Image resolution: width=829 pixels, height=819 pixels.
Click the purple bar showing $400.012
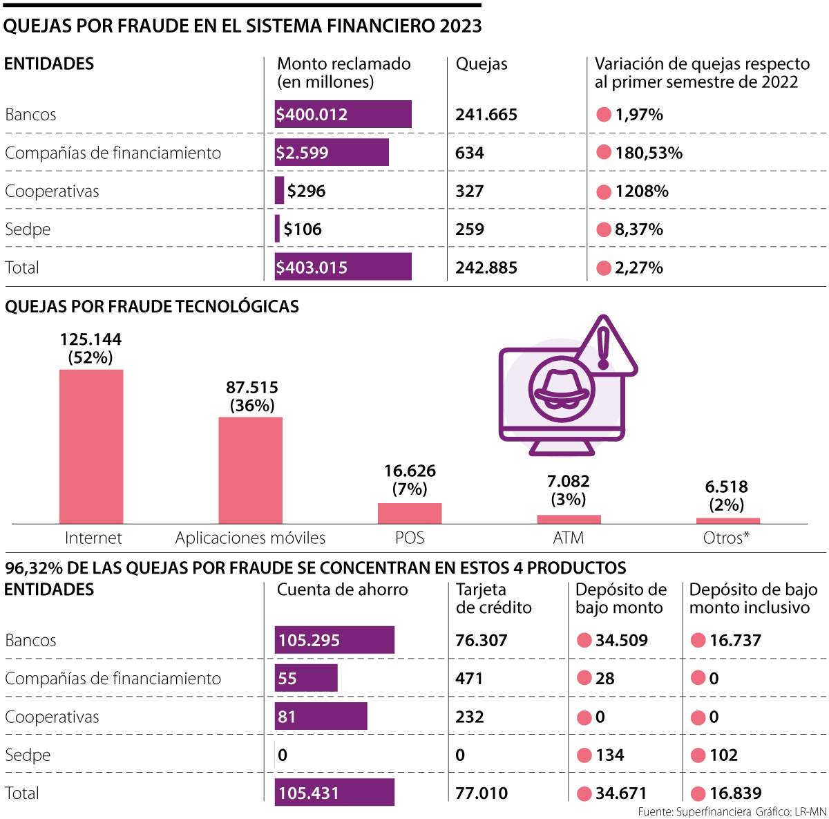click(x=343, y=114)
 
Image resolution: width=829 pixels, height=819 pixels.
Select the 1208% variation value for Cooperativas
click(x=642, y=191)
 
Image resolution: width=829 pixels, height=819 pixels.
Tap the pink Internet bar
click(x=91, y=446)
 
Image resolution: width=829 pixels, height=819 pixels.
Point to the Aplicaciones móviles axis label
click(x=250, y=538)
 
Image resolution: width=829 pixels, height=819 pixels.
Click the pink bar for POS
click(x=410, y=513)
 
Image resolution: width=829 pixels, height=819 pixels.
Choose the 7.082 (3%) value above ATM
click(x=568, y=490)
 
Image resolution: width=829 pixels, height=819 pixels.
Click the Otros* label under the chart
click(x=726, y=538)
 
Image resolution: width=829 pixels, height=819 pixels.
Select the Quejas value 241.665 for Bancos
click(x=486, y=115)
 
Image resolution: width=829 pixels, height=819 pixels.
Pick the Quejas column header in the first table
click(x=482, y=64)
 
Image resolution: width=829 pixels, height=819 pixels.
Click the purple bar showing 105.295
click(x=334, y=640)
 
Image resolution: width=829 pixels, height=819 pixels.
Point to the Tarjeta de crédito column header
click(x=493, y=599)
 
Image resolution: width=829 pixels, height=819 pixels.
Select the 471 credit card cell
click(x=469, y=679)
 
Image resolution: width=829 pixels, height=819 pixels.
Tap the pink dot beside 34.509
click(x=584, y=640)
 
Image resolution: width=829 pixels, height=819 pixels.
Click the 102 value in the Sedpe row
click(x=723, y=755)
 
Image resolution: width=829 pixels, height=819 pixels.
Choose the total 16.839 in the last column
click(x=735, y=793)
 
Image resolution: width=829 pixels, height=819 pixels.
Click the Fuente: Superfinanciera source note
click(x=694, y=811)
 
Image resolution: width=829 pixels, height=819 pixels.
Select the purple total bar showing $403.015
click(x=343, y=267)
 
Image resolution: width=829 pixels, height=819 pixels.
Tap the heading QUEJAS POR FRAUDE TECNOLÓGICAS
click(x=152, y=307)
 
